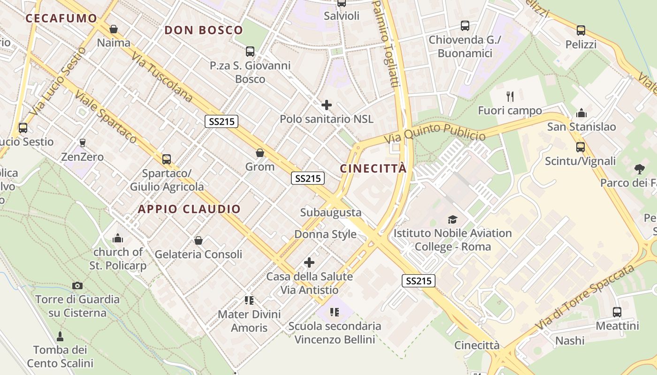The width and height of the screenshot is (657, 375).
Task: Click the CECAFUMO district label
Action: pos(61,18)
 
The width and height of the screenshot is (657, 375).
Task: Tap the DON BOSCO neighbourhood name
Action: pos(204,30)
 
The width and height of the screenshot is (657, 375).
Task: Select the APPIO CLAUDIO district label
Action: pos(189,209)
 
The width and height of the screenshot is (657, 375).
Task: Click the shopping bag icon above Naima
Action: pos(113,30)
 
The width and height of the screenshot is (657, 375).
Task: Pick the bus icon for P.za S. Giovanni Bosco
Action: pos(250,52)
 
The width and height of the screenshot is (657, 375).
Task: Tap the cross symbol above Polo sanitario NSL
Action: pos(327,105)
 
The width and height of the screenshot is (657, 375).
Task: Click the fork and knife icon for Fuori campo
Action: pos(510,97)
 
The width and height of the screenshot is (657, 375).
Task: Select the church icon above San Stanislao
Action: pos(581,113)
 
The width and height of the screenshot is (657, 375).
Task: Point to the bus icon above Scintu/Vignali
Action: pos(581,147)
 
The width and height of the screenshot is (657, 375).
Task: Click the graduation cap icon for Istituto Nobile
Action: pos(452,219)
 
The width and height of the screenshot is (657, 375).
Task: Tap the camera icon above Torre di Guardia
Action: pos(77,285)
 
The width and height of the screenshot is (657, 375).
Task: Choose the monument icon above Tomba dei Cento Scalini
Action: pos(60,336)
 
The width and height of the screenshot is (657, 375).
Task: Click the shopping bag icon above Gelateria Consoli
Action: pos(199,240)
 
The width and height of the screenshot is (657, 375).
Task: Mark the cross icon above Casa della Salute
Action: pos(309,262)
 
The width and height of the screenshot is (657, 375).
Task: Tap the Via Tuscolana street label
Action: pos(162,76)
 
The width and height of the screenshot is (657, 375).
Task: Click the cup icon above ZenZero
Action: pos(83,142)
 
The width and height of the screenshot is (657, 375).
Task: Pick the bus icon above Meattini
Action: pos(617,312)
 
